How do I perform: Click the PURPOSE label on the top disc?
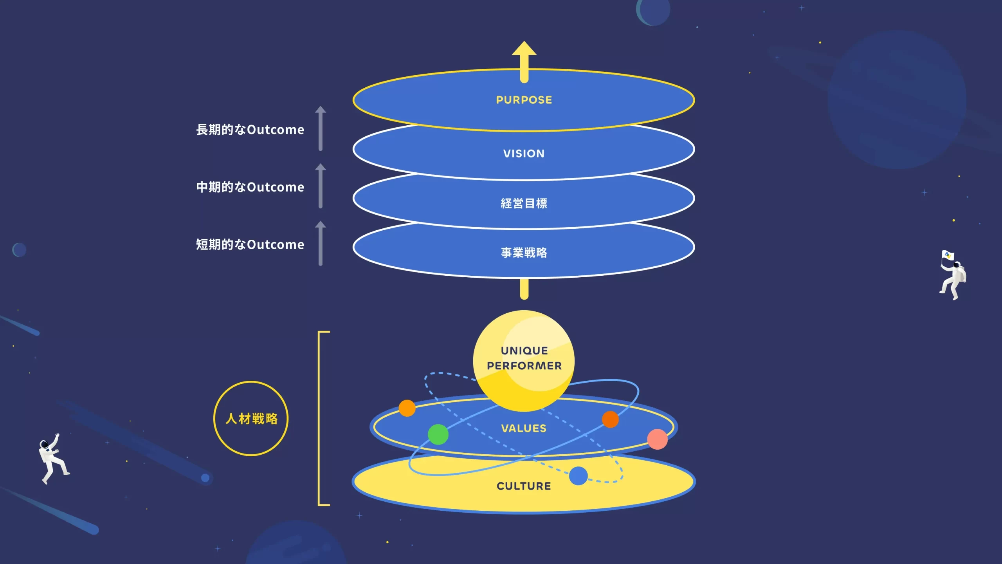pos(524,100)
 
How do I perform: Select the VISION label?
pos(524,154)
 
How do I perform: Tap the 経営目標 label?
pos(524,203)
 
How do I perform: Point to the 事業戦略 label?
pos(524,253)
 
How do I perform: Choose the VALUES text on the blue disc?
pos(524,428)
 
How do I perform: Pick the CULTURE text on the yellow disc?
pos(524,486)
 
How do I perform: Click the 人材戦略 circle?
pos(251,418)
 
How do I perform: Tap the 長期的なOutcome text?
pos(250,130)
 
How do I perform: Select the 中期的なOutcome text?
pos(250,187)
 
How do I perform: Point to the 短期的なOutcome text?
pos(250,244)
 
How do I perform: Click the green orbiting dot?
pos(438,434)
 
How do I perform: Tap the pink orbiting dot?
pos(657,439)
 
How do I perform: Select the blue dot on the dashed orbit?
pos(578,476)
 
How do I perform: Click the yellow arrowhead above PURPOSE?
pos(524,50)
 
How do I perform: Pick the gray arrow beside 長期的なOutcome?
pos(321,128)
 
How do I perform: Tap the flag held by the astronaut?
pos(947,256)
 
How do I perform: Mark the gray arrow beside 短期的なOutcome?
pos(321,243)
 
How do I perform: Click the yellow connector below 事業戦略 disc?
pos(524,289)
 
